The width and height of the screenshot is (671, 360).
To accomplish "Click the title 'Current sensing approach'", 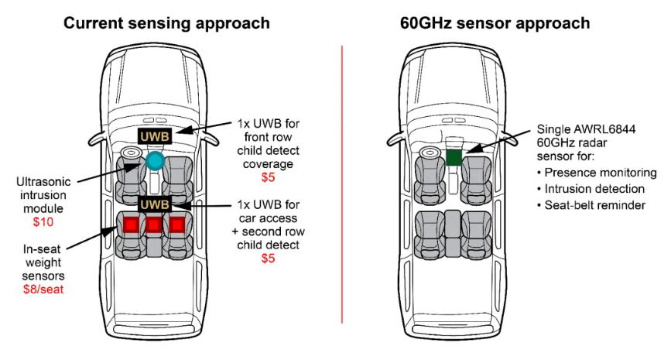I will pos(166,22).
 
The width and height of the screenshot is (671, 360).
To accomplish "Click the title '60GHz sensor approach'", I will pos(495,22).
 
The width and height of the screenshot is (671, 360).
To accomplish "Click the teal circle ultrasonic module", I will pos(156,161).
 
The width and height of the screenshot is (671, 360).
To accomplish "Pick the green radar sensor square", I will pos(454,157).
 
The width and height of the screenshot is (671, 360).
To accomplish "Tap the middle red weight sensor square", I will pos(154,225).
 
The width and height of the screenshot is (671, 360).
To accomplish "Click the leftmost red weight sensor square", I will pos(129,225).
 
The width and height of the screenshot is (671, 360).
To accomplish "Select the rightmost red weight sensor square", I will pos(178,225).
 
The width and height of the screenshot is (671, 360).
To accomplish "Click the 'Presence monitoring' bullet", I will pos(596,173).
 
